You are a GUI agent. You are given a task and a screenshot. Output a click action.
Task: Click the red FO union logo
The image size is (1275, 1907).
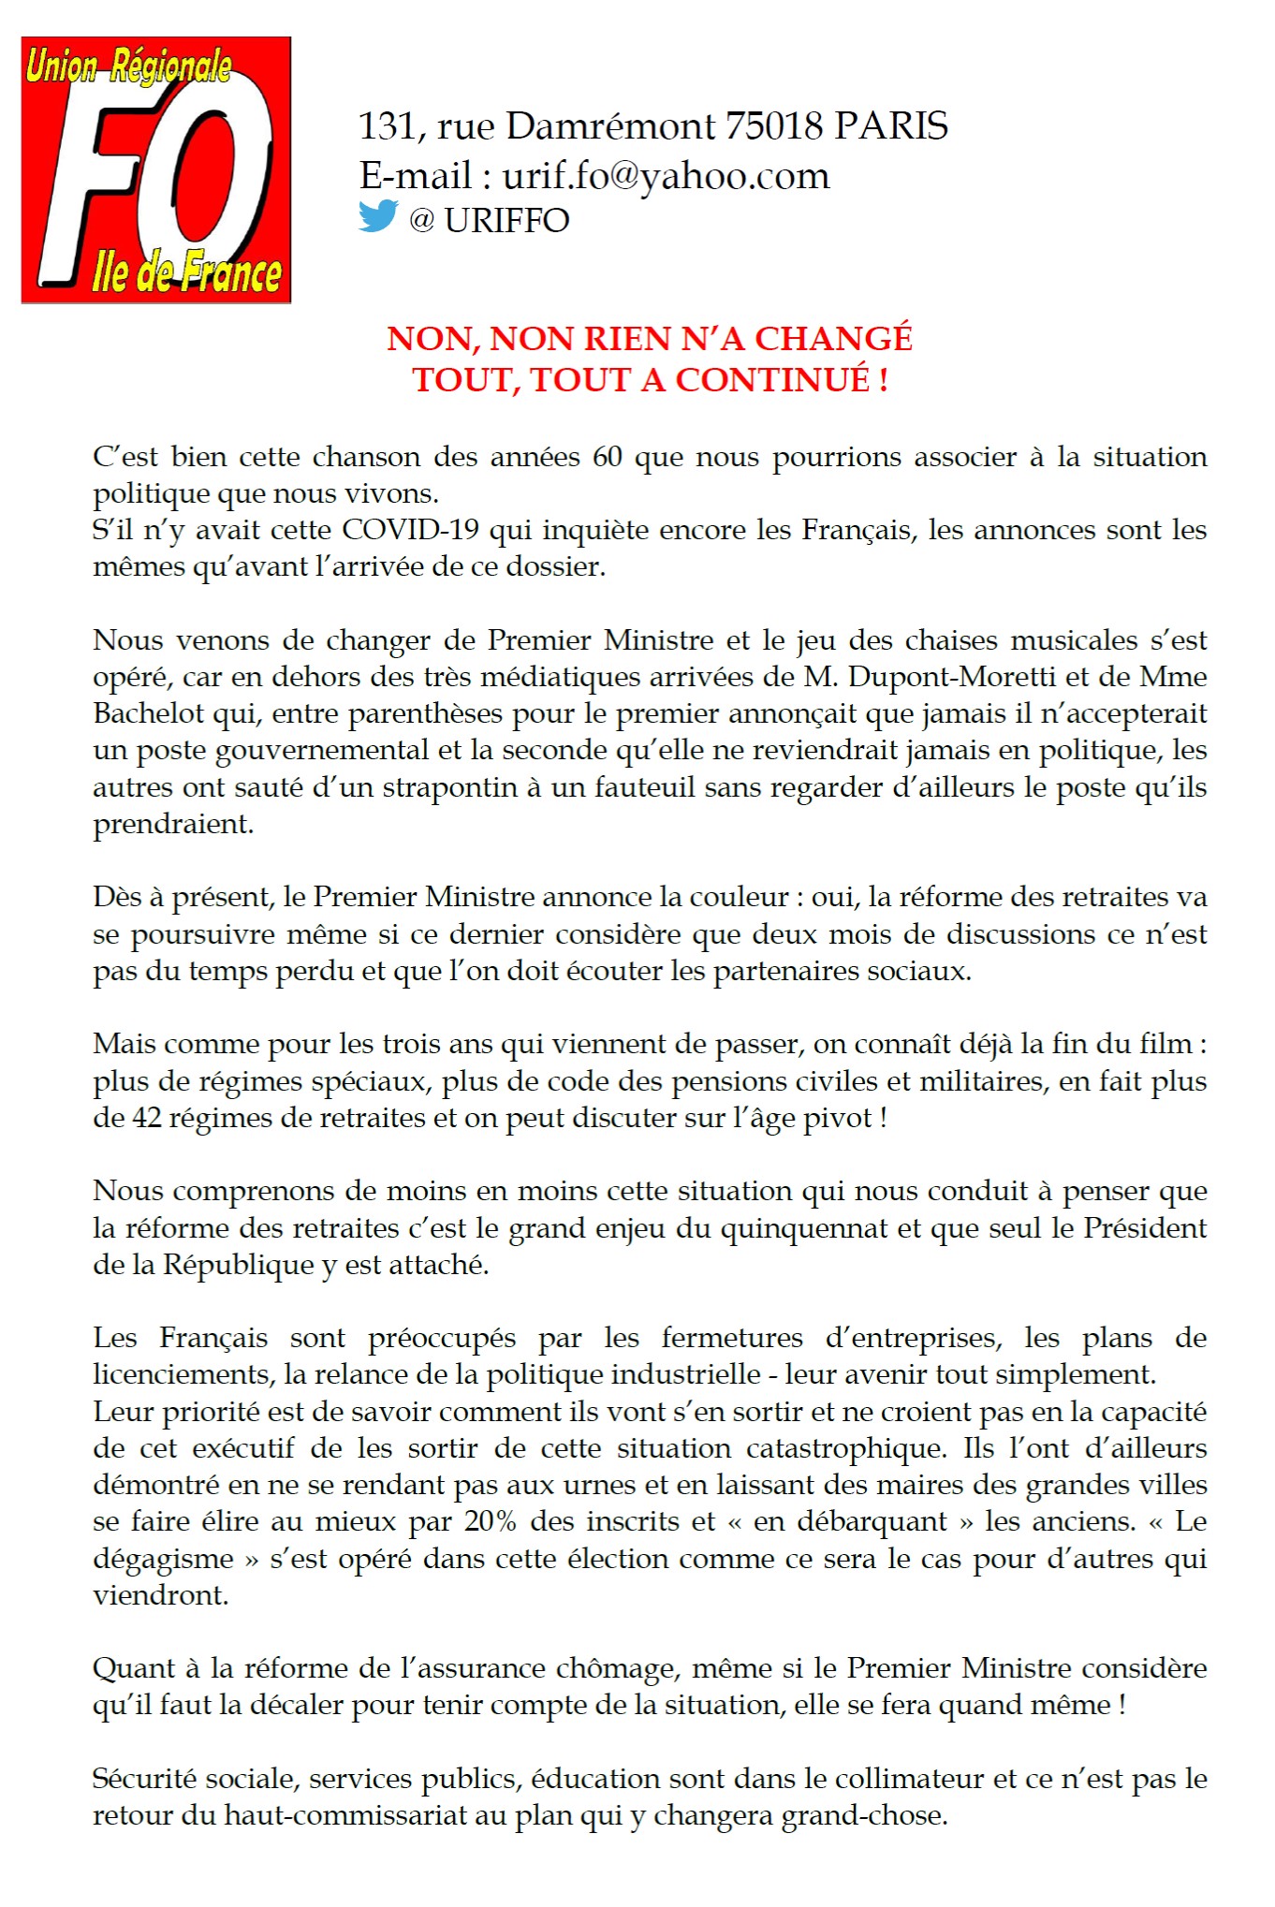156,169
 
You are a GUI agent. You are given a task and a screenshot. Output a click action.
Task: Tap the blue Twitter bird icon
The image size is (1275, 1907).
378,216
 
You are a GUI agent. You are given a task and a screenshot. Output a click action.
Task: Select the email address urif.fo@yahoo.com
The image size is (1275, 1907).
666,176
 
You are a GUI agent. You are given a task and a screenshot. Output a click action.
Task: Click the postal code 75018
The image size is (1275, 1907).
774,125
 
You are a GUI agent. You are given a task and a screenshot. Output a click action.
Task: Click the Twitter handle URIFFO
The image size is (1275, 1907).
506,221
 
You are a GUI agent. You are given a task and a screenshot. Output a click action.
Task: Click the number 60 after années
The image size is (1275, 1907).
607,457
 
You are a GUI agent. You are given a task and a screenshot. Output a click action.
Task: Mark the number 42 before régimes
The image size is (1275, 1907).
147,1118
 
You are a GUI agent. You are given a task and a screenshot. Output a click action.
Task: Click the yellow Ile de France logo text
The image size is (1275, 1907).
186,271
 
